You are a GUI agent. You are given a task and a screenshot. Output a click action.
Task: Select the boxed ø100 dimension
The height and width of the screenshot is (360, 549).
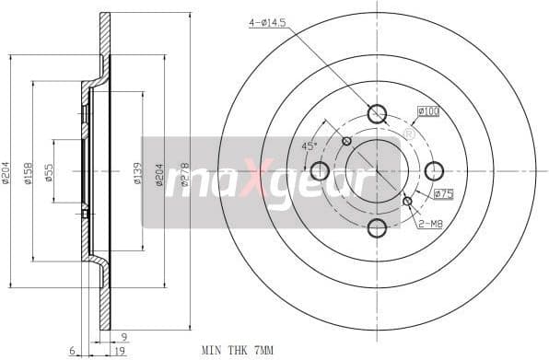coord(428,111)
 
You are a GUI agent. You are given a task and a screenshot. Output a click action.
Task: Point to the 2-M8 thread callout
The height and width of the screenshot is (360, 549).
coord(431,224)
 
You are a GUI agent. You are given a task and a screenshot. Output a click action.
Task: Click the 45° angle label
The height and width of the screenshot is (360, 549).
coord(310,145)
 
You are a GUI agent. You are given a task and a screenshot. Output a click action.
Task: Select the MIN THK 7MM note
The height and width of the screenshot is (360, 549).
coord(238,350)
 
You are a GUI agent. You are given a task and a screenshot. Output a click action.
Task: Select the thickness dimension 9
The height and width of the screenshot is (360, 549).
coord(123,336)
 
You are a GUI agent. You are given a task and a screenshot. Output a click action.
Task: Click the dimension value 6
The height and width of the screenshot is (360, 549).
coord(71,351)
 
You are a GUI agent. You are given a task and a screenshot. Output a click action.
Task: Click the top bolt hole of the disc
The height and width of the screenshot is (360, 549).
coord(377,114)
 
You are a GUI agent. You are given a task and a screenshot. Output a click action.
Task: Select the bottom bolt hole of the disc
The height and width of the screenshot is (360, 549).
coord(377,227)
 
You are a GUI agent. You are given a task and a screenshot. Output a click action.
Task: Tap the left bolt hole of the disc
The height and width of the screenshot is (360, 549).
coord(320,170)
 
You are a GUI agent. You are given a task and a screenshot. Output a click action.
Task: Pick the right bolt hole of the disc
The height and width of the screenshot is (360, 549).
coord(434,170)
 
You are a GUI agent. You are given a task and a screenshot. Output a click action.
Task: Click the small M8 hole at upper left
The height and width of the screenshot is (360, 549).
coord(346,141)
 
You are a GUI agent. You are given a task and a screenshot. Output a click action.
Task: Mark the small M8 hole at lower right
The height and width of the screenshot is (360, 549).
coord(407,201)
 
